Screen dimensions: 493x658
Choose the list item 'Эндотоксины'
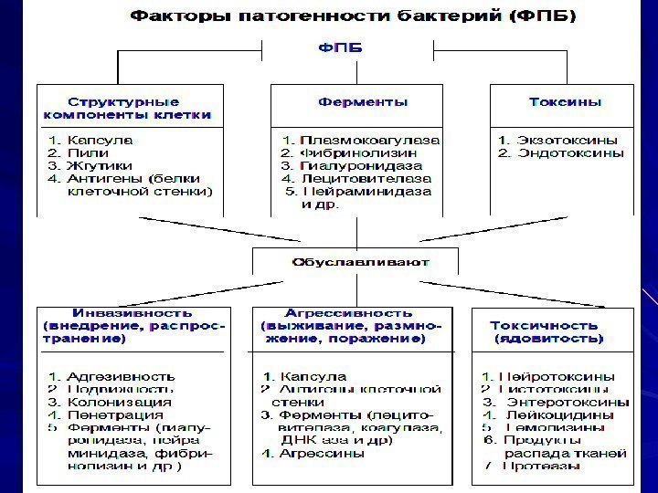570,153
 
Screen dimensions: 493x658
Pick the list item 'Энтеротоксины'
572,402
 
